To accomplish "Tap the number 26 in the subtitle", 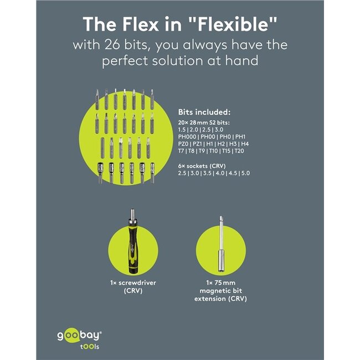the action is click(x=112, y=44).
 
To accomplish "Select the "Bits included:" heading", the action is click(x=204, y=112).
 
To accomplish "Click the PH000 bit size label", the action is click(x=187, y=137).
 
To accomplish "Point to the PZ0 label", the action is click(x=183, y=144).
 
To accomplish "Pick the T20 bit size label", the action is click(x=239, y=151).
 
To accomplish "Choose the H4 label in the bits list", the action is click(x=245, y=144).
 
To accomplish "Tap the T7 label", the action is click(x=181, y=151).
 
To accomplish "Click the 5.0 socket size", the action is click(x=245, y=173).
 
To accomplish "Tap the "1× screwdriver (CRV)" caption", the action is click(x=133, y=286).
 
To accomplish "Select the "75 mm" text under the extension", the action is click(x=224, y=282).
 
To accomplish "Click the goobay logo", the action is click(x=79, y=336).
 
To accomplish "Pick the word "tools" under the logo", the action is click(x=90, y=347).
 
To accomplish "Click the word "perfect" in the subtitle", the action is click(x=125, y=61).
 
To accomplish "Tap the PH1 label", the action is click(x=240, y=137).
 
